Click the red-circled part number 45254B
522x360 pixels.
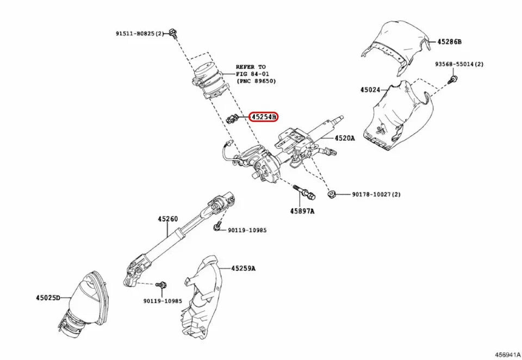263,116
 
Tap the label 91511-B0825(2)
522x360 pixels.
139,34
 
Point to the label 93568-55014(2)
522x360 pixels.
459,64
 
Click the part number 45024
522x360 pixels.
371,89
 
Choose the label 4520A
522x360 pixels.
344,138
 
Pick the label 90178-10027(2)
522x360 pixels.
376,194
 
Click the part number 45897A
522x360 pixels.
302,210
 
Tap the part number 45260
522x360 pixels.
168,219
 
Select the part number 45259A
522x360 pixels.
243,268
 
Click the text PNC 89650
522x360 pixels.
258,80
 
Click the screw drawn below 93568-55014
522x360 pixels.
451,80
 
